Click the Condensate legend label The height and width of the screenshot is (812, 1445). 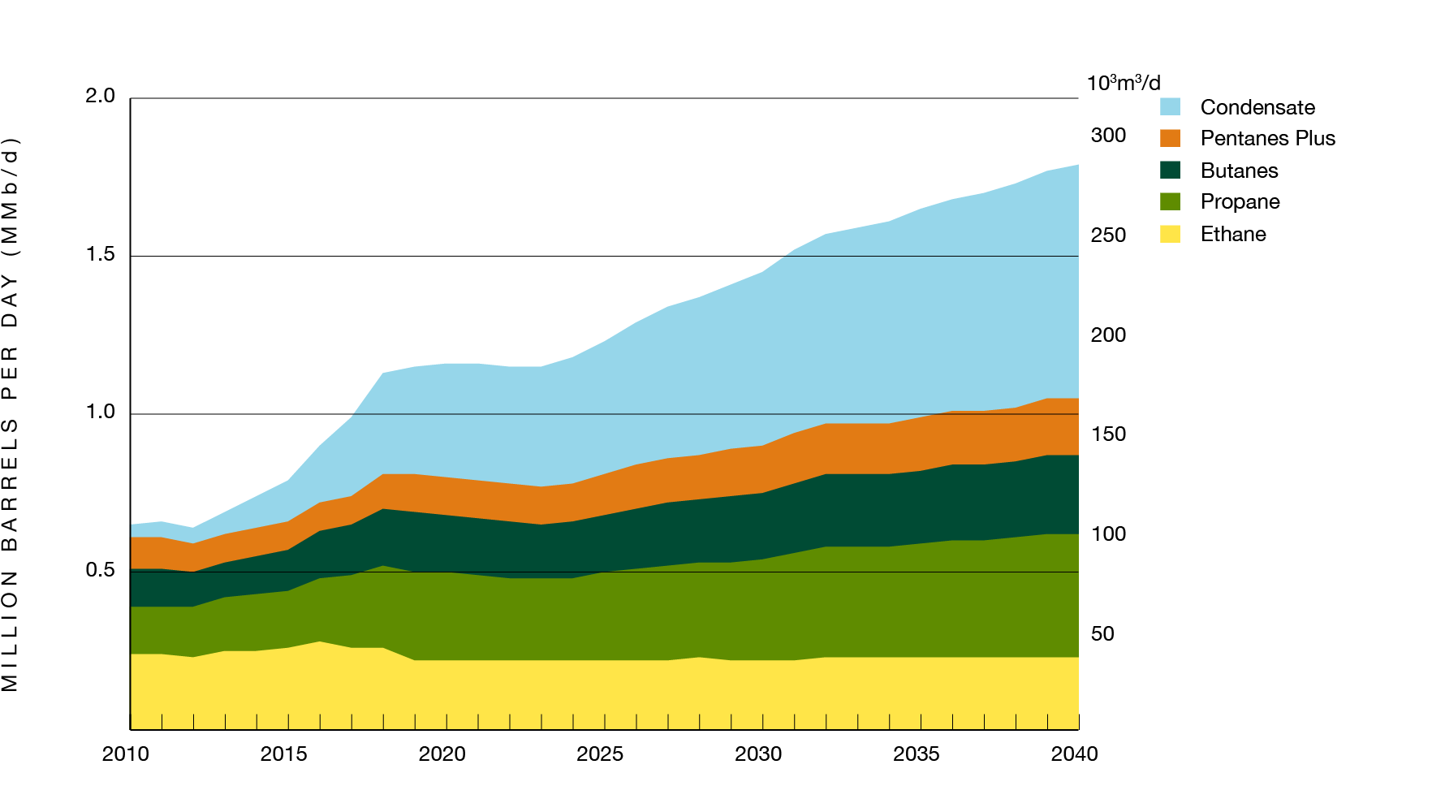1257,107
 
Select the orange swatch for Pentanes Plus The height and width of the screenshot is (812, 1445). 1170,138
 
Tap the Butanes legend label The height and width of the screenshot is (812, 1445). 1239,171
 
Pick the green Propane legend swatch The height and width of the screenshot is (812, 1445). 1170,201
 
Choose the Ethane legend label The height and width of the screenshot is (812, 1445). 1232,234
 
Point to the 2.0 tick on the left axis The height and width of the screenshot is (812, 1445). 101,96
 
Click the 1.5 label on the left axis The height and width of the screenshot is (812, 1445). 101,254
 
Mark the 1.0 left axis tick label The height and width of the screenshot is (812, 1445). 101,412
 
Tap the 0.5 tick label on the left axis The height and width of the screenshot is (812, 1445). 101,570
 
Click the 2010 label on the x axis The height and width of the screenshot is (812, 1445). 126,754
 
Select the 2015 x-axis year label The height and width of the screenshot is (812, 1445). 283,754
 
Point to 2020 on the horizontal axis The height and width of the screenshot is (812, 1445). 442,754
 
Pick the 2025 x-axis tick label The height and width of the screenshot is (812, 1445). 600,754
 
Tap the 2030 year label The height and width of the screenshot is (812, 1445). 758,754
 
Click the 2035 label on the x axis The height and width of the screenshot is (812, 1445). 917,754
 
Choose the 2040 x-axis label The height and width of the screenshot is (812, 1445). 1074,754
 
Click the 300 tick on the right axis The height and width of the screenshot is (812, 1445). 1108,136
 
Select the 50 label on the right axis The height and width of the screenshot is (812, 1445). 1102,634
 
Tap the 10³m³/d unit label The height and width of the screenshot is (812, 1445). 1124,83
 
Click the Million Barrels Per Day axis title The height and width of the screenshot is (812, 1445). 10,414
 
